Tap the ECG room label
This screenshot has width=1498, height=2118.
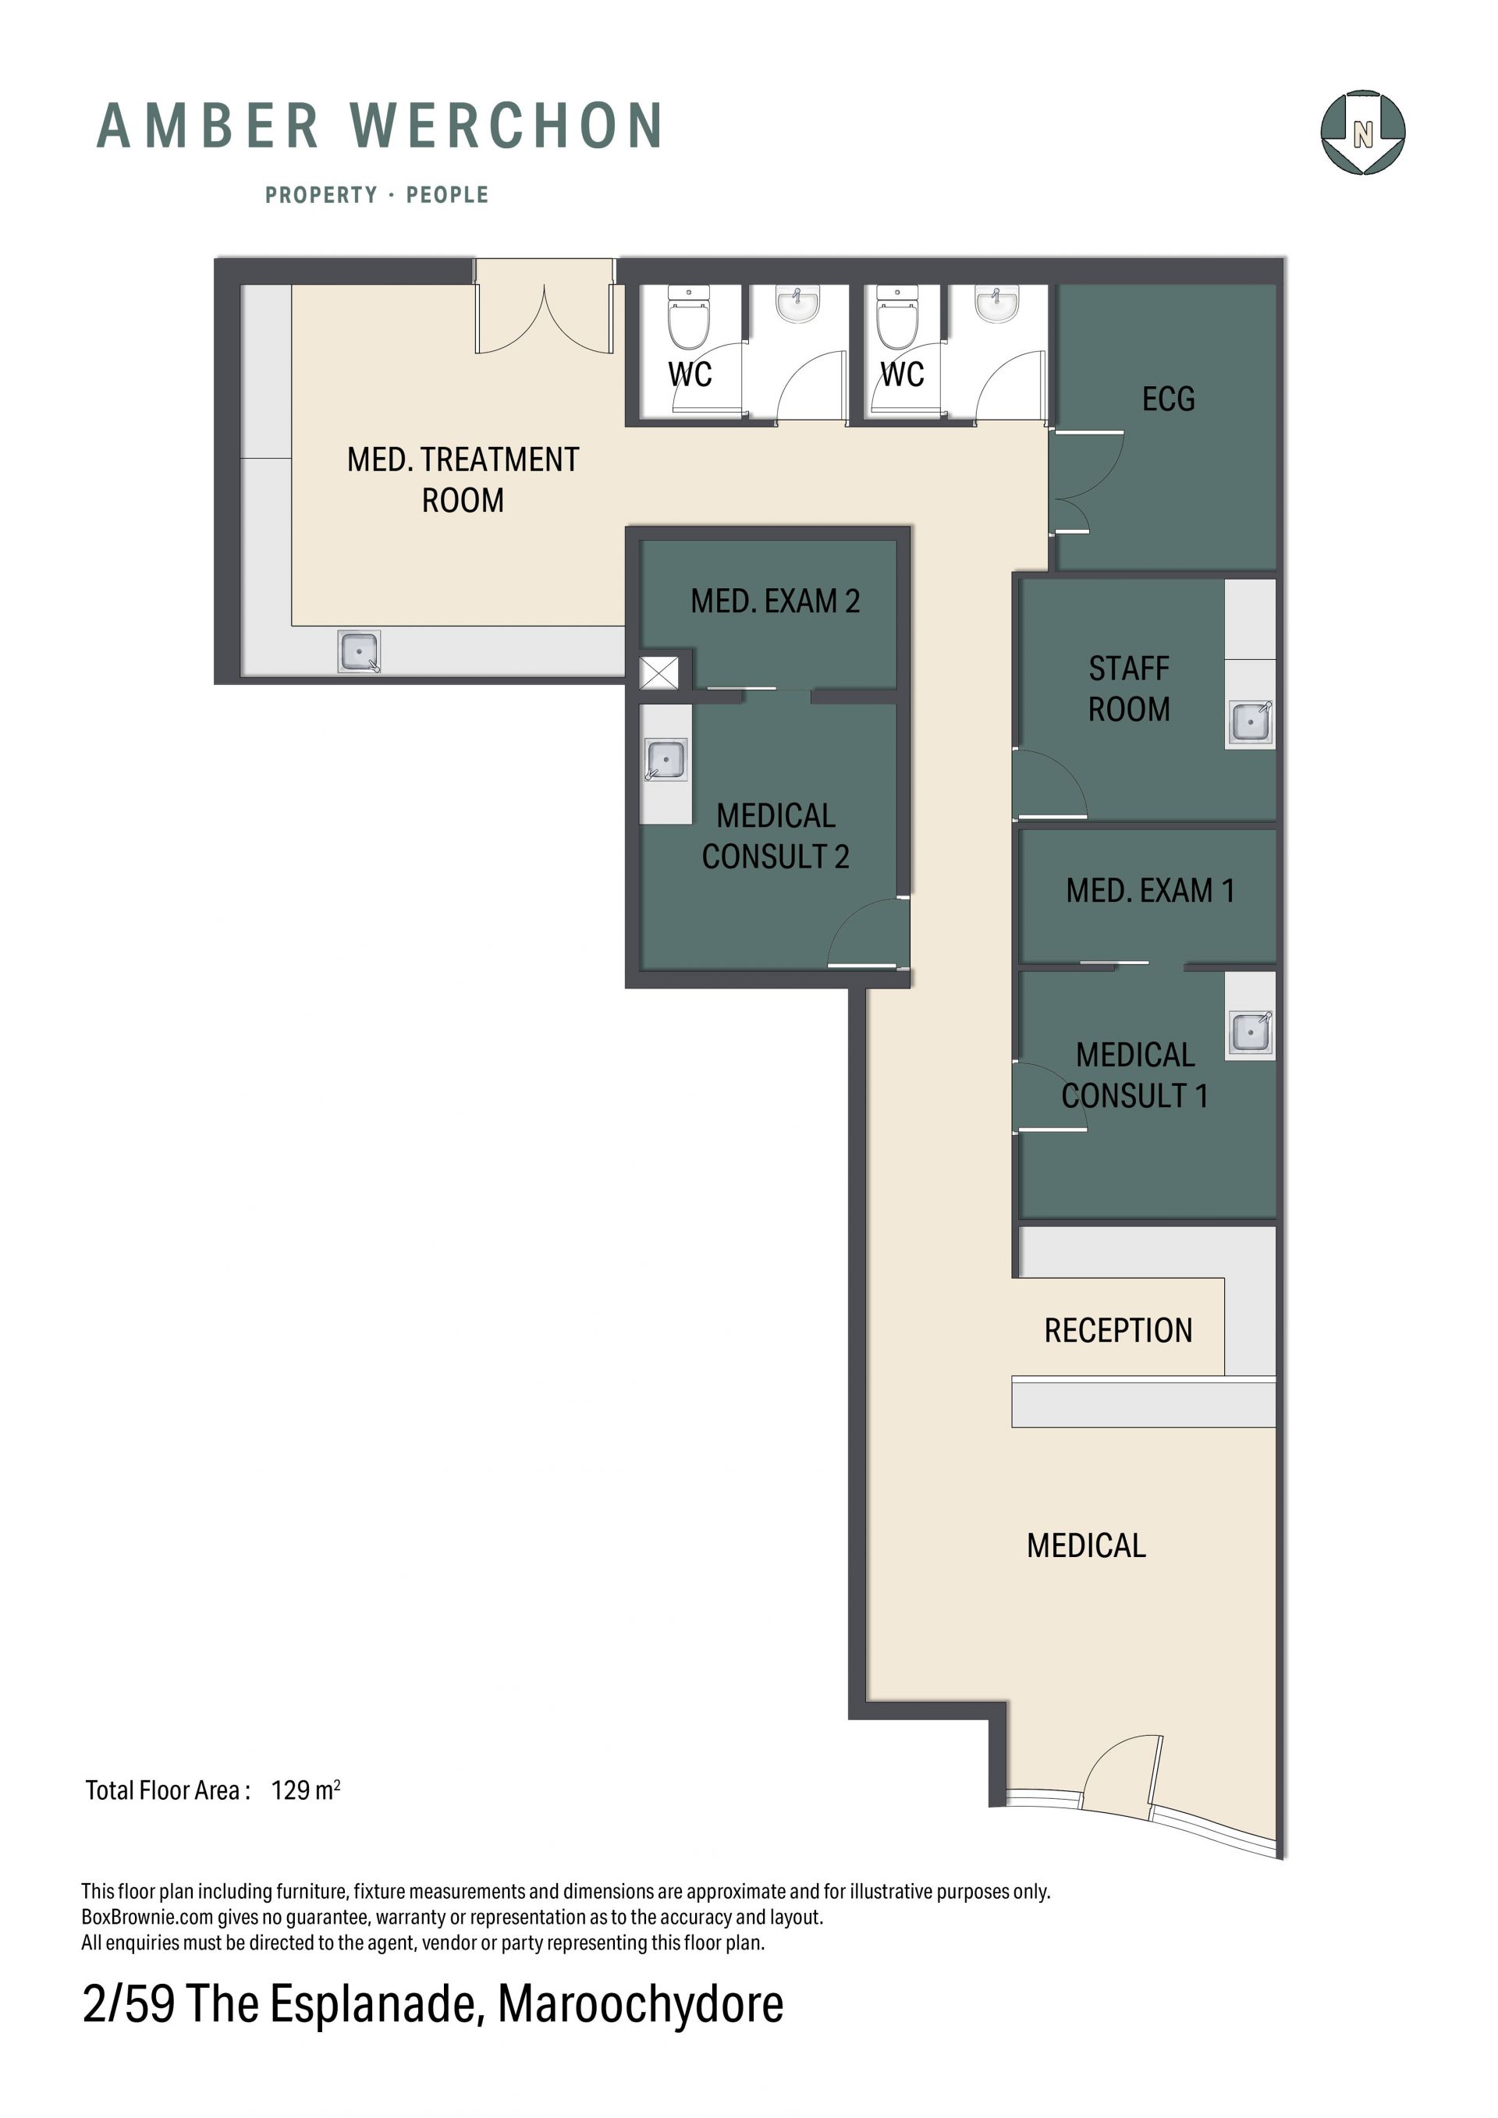coord(1168,399)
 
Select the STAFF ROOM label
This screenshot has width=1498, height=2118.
coord(1129,689)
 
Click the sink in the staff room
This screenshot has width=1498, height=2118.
coord(1251,722)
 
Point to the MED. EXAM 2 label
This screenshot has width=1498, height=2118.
coord(775,601)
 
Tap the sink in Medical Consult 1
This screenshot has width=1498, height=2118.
coord(1251,1032)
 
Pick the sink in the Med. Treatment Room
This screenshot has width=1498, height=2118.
coord(359,652)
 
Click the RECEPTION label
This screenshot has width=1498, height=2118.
coord(1118,1330)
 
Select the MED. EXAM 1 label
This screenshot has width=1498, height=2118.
coord(1150,890)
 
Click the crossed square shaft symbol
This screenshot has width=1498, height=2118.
coord(658,673)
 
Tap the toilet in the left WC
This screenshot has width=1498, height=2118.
coord(689,314)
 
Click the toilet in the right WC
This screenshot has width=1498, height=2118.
coord(896,314)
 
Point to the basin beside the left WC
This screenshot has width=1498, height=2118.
coord(797,304)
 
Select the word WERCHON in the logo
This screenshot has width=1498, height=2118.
coord(506,126)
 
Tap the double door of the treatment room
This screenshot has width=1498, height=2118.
coord(545,307)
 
